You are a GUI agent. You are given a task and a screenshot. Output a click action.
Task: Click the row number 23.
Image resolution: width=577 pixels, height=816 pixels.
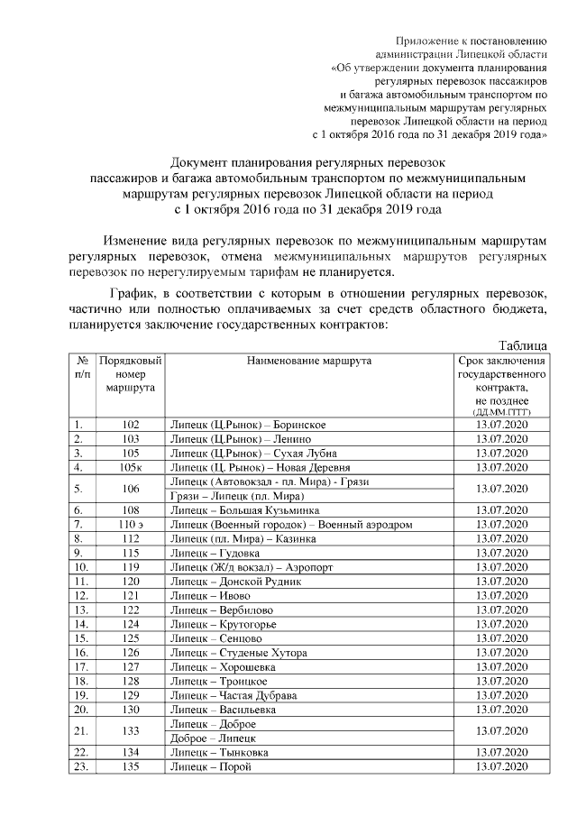(81, 766)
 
